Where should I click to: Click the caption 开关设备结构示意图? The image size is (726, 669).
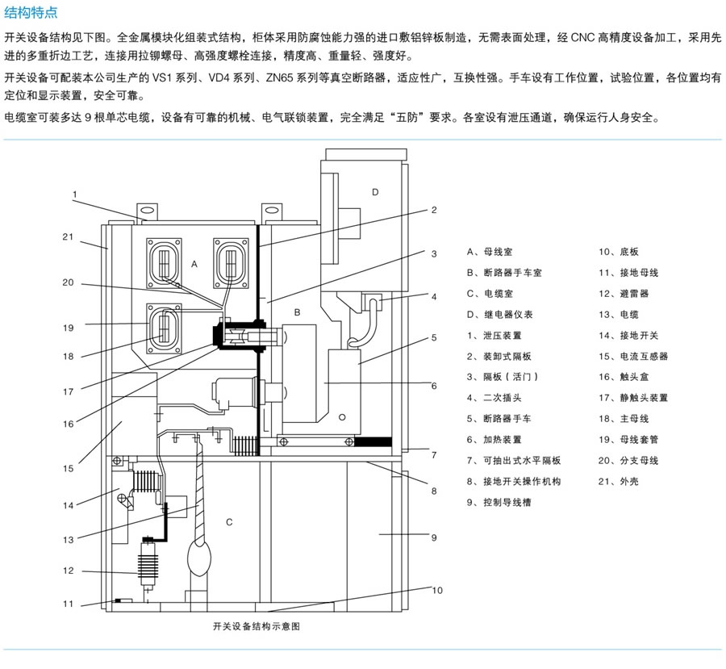tap(256, 625)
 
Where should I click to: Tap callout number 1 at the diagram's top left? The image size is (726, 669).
tap(73, 194)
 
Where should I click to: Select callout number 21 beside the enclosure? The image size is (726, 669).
tap(68, 236)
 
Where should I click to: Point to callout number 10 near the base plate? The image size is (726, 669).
tap(437, 590)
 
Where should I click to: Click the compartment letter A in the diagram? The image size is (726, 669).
tap(194, 264)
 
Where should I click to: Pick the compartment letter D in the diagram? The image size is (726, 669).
tap(374, 191)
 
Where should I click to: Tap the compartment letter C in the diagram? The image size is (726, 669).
tap(229, 522)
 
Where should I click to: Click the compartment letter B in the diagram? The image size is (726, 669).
tap(297, 312)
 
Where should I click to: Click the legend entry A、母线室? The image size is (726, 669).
tap(489, 252)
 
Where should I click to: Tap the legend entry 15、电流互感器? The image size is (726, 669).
tap(633, 356)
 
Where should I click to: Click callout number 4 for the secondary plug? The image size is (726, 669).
tap(434, 296)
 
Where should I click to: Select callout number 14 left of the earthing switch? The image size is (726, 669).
tap(69, 506)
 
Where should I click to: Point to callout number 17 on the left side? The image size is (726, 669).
tap(69, 393)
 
